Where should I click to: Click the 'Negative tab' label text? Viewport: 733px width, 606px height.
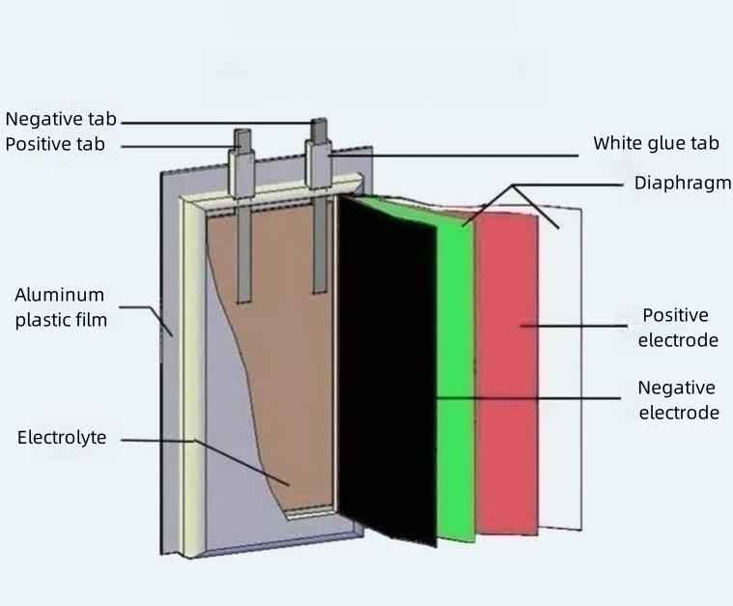pyautogui.click(x=61, y=119)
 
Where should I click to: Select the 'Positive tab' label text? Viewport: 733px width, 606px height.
pyautogui.click(x=55, y=144)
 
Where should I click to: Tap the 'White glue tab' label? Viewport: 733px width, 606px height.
pyautogui.click(x=657, y=143)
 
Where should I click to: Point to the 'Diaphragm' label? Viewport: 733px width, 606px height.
pyautogui.click(x=683, y=183)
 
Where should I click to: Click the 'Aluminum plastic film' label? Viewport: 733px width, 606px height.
pyautogui.click(x=61, y=307)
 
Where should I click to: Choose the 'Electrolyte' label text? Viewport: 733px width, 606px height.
pyautogui.click(x=62, y=438)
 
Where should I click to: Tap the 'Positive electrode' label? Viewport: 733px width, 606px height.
pyautogui.click(x=678, y=328)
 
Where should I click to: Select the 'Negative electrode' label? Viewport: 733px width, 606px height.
pyautogui.click(x=678, y=400)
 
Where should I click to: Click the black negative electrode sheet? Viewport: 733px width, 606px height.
pyautogui.click(x=387, y=369)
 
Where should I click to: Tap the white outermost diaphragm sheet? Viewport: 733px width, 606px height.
pyautogui.click(x=559, y=369)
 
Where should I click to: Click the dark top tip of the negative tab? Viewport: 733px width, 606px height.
pyautogui.click(x=320, y=129)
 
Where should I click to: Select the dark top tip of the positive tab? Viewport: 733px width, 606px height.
pyautogui.click(x=242, y=139)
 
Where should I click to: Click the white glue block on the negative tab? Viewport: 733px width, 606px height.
pyautogui.click(x=319, y=163)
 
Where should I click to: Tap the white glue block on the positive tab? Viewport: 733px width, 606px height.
pyautogui.click(x=241, y=173)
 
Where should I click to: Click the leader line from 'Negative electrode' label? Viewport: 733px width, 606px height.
pyautogui.click(x=528, y=398)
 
